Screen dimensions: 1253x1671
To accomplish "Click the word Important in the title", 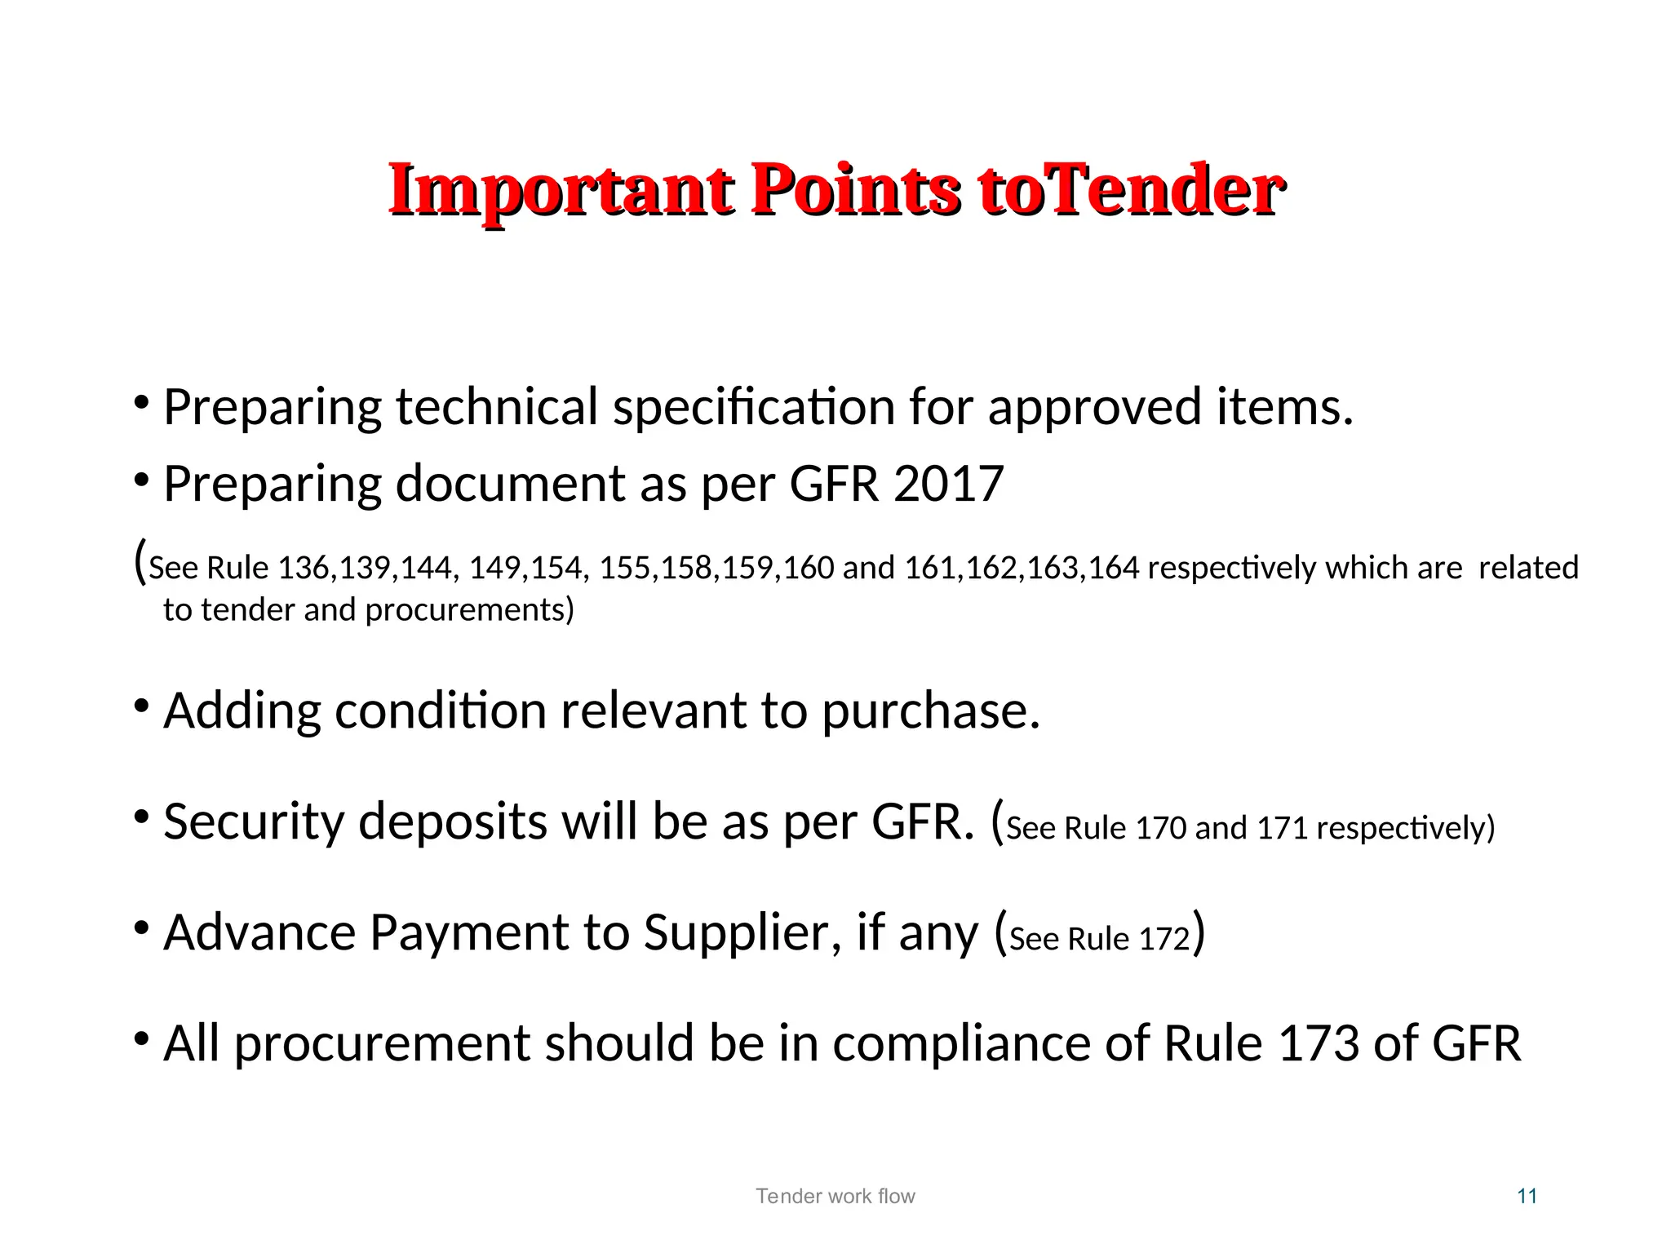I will [x=560, y=191].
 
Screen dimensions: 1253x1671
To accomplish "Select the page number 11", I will [x=1527, y=1196].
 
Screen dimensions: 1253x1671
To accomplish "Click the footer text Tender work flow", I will [x=835, y=1196].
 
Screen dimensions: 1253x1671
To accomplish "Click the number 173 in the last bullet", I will [x=1319, y=1043].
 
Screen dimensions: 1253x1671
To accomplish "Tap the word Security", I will [x=254, y=821].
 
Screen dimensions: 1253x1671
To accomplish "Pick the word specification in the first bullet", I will [x=754, y=407].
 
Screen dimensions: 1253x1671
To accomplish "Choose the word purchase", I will [x=930, y=711].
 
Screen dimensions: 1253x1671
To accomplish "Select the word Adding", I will [x=242, y=711].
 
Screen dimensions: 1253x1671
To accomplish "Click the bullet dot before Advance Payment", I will [x=141, y=928].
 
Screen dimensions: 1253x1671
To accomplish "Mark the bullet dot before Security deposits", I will [x=141, y=817].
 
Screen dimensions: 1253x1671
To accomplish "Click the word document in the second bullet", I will [x=510, y=484].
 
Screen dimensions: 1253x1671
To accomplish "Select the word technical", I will [x=497, y=407].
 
